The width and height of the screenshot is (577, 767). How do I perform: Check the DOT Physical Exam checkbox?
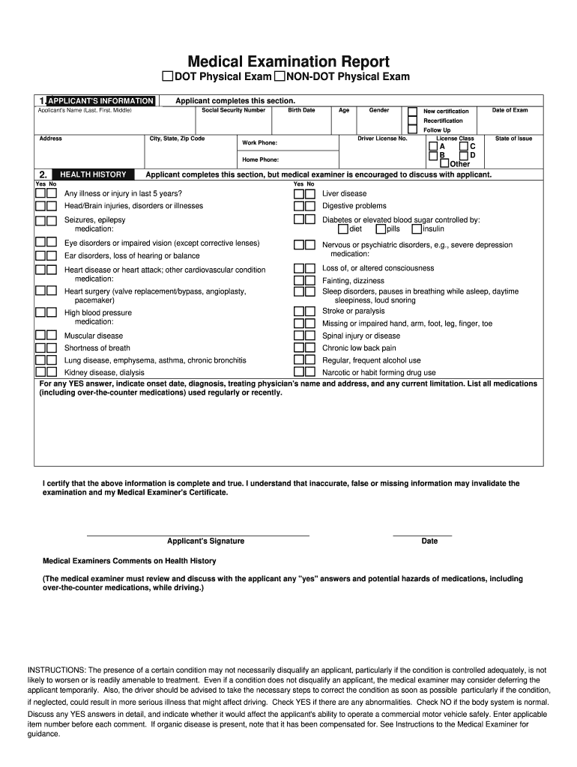click(x=168, y=77)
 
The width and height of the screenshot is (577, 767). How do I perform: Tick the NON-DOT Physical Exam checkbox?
click(x=280, y=77)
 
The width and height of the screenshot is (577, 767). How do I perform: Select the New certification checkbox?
click(x=412, y=111)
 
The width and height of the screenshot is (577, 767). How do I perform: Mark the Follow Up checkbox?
click(x=412, y=130)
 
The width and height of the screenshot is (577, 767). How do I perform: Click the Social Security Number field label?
click(x=233, y=110)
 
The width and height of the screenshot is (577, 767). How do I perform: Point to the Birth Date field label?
click(x=301, y=110)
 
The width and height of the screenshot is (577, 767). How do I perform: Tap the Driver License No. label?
click(x=382, y=139)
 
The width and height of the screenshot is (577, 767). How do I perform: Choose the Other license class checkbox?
click(x=445, y=163)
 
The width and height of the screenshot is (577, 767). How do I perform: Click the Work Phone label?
click(x=259, y=142)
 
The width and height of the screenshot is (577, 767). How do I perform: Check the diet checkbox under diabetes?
click(x=342, y=229)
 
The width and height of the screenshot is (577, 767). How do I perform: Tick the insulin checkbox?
click(x=417, y=229)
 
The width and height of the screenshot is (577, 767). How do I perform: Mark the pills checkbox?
click(x=381, y=229)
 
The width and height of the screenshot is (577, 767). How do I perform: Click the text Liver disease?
click(x=344, y=193)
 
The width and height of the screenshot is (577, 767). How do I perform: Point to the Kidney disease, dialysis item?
click(x=104, y=372)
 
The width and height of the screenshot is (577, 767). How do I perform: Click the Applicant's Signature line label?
click(x=205, y=541)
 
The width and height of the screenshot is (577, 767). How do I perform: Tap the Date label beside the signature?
click(x=429, y=541)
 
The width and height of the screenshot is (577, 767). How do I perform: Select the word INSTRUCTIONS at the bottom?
click(x=56, y=670)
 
